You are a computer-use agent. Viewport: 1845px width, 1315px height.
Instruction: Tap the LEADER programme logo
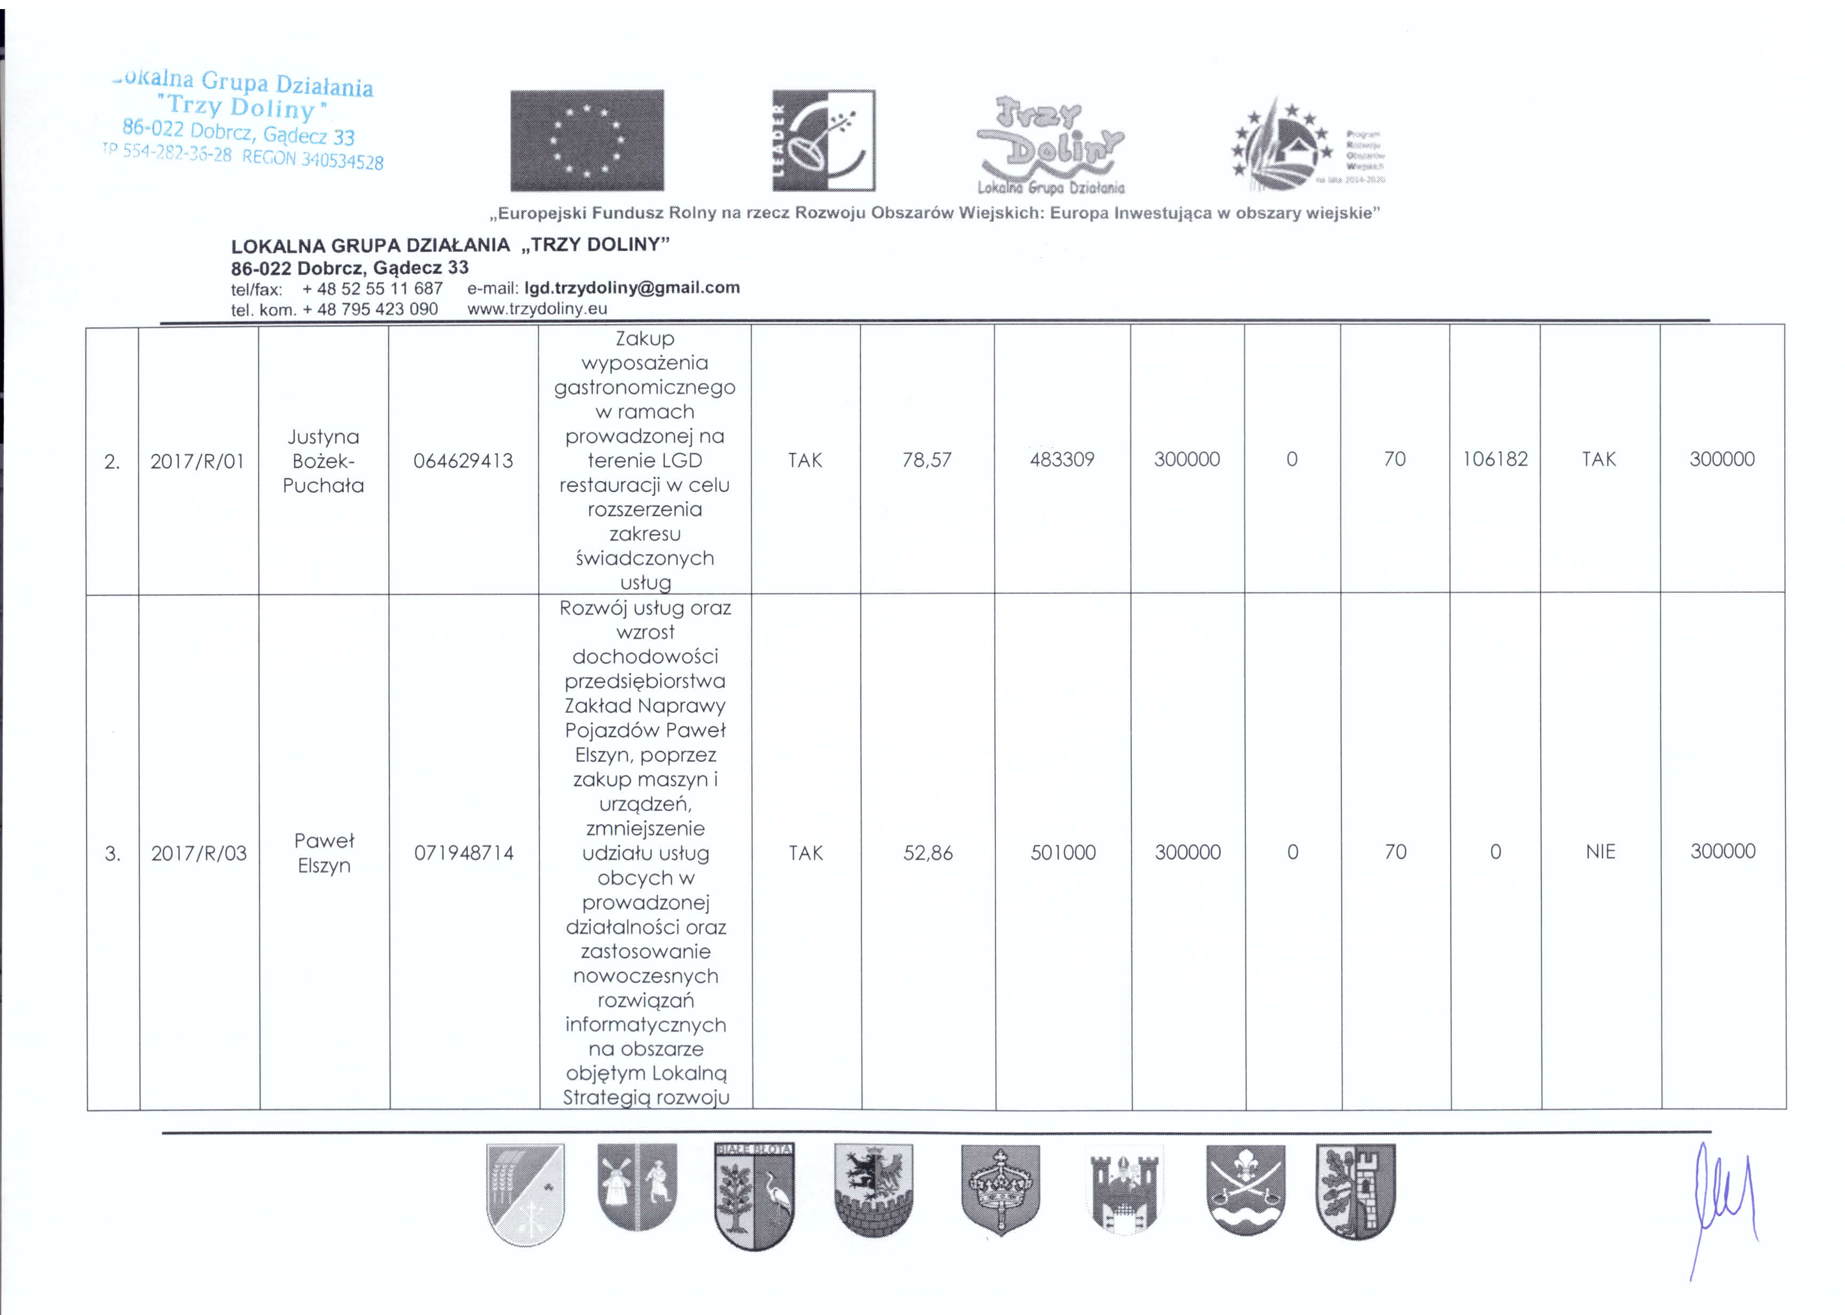click(x=823, y=140)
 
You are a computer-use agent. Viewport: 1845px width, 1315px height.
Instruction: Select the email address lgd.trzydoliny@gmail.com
click(x=632, y=288)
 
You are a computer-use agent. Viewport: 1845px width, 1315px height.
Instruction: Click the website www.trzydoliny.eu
click(x=537, y=308)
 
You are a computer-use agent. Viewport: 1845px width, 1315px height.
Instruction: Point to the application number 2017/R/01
click(x=197, y=461)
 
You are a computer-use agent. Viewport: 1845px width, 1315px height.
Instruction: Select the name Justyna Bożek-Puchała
click(x=323, y=461)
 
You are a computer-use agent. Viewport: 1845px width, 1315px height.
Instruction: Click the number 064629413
click(x=463, y=461)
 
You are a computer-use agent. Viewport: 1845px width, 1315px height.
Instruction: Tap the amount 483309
click(x=1062, y=459)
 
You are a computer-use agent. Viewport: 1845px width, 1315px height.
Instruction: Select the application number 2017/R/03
click(x=199, y=853)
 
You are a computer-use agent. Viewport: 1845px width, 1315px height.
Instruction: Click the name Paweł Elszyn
click(x=324, y=853)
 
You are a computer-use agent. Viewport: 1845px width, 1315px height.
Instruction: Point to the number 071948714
click(x=464, y=853)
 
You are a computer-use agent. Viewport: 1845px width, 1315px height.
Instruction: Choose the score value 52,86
click(x=928, y=853)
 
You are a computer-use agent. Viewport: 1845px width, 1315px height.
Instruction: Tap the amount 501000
click(x=1062, y=852)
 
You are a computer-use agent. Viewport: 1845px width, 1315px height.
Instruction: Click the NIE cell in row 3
click(x=1600, y=851)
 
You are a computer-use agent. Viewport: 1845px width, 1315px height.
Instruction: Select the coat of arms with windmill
click(x=636, y=1187)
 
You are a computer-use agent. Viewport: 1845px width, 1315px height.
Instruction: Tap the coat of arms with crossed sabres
click(x=1245, y=1189)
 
